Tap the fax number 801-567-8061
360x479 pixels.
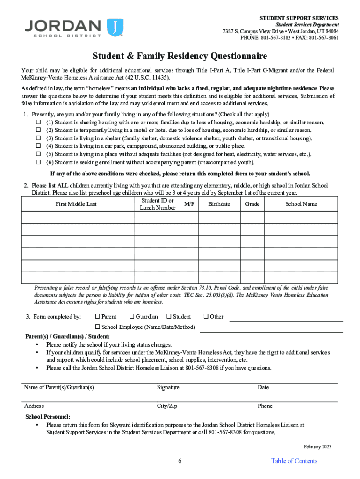pyautogui.click(x=325, y=38)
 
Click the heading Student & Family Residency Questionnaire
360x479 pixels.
pyautogui.click(x=180, y=57)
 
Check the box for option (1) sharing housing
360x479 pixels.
pyautogui.click(x=39, y=123)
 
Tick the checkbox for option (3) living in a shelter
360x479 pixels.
pyautogui.click(x=39, y=138)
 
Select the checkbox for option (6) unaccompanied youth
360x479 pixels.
pyautogui.click(x=39, y=162)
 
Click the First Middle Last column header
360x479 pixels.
pyautogui.click(x=76, y=204)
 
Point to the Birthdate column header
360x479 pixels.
pyautogui.click(x=219, y=204)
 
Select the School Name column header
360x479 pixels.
pyautogui.click(x=301, y=204)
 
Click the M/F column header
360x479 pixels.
pyautogui.click(x=189, y=204)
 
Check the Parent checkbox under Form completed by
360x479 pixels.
pyautogui.click(x=98, y=317)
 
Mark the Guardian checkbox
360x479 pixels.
pyautogui.click(x=132, y=317)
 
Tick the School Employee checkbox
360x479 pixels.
pyautogui.click(x=98, y=327)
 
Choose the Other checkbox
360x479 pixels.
pyautogui.click(x=206, y=317)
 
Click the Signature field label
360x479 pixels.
pyautogui.click(x=168, y=387)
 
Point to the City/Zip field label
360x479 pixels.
pyautogui.click(x=167, y=406)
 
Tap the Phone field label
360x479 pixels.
pyautogui.click(x=265, y=406)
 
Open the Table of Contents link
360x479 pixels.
pyautogui.click(x=294, y=461)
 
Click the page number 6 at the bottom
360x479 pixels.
pyautogui.click(x=180, y=461)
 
